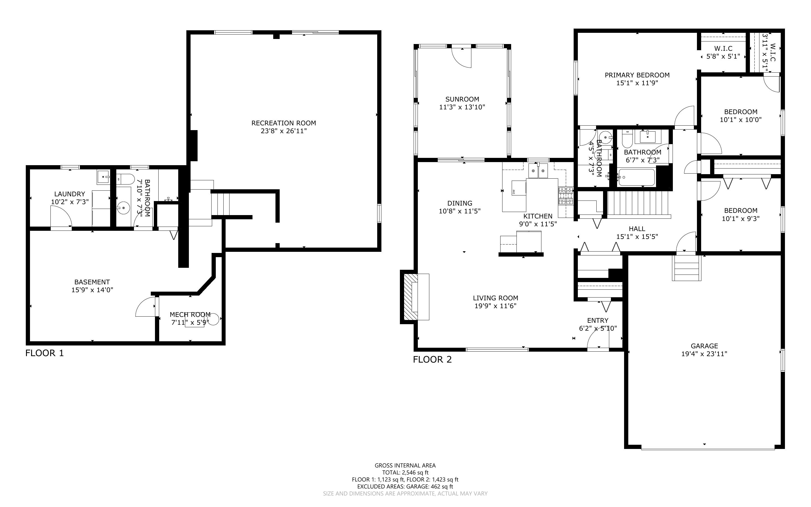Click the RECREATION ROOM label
click(x=284, y=123)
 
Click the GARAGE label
click(x=704, y=346)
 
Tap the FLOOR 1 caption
click(x=45, y=353)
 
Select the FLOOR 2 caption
click(x=432, y=360)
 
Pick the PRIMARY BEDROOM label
click(x=637, y=75)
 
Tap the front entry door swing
click(x=598, y=339)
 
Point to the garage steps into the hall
click(x=686, y=268)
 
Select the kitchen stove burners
click(x=566, y=196)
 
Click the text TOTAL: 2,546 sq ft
click(x=405, y=473)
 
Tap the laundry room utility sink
click(x=103, y=177)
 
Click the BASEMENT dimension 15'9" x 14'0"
click(x=92, y=290)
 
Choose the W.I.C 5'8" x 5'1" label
click(x=723, y=52)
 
